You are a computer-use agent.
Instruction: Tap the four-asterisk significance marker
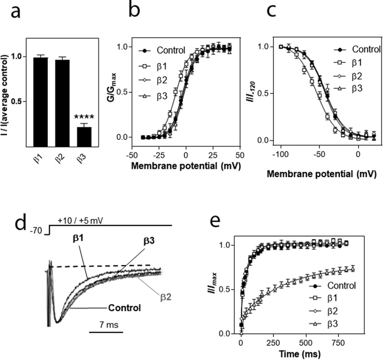click(85, 116)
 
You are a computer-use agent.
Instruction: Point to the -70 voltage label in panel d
click(34, 231)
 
